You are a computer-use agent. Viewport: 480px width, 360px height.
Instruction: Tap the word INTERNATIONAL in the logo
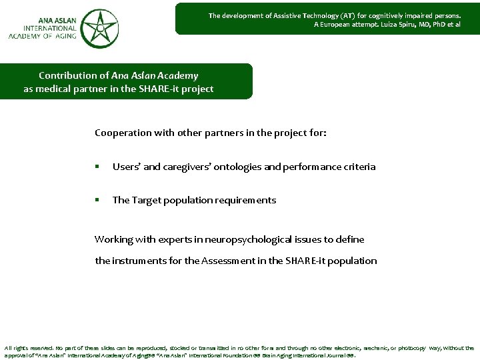click(42, 28)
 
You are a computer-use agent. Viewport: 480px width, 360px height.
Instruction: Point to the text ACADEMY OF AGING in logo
click(40, 37)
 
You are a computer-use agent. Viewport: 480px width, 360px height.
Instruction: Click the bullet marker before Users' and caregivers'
click(97, 167)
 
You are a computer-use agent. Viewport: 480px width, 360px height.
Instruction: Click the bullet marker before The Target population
click(97, 201)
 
